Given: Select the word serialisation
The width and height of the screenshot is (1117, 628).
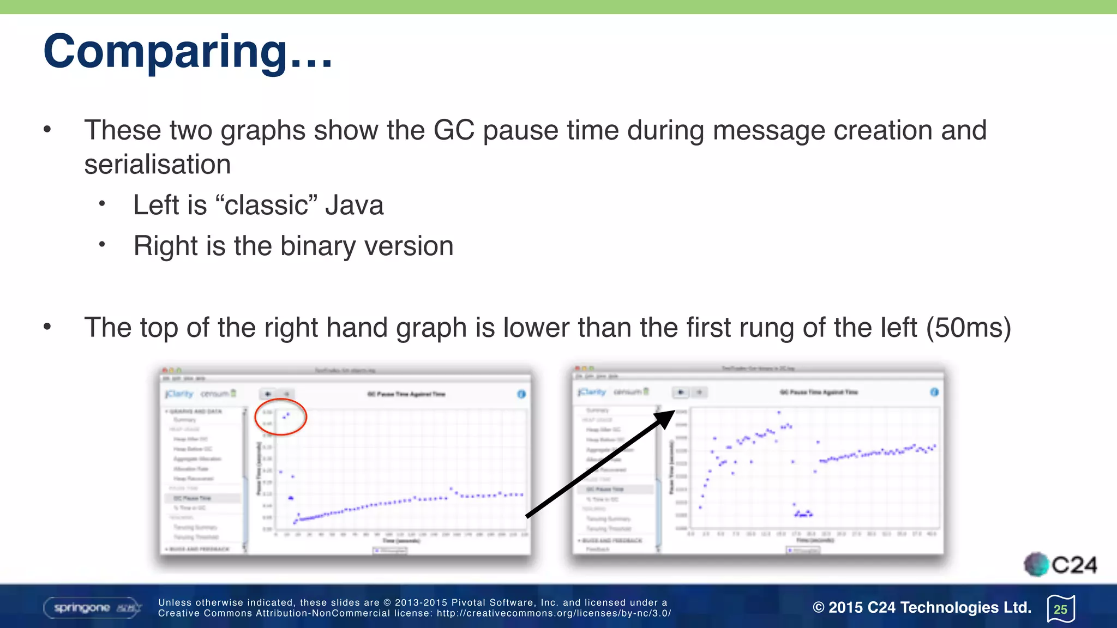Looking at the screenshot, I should click(x=158, y=165).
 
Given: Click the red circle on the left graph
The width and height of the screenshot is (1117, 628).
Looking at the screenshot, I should click(x=281, y=416).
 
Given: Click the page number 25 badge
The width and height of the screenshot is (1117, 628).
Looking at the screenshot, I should click(x=1061, y=609).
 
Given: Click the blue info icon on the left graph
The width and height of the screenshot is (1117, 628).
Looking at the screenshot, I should click(x=521, y=394).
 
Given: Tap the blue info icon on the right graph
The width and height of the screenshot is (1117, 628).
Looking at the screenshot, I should click(x=934, y=392).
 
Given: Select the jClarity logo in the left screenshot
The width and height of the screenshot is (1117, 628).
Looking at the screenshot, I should click(x=179, y=394).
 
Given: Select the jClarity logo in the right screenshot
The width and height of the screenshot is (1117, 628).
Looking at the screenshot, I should click(x=592, y=391).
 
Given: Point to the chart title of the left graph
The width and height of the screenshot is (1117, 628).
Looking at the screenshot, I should click(x=406, y=394).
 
